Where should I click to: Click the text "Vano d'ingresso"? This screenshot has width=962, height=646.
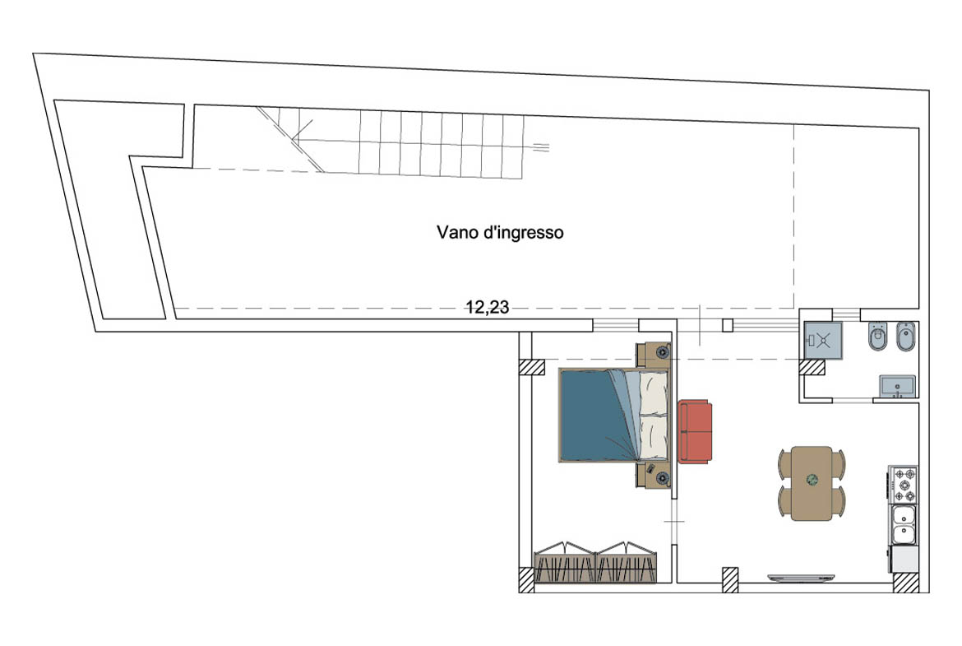click(500, 233)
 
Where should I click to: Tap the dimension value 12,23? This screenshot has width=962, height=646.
click(487, 307)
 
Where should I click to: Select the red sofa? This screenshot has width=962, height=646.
click(695, 431)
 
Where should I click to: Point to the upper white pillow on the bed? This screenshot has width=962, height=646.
click(654, 392)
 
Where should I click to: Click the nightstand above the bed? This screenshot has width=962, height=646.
click(653, 355)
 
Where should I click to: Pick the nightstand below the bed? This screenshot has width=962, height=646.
click(653, 476)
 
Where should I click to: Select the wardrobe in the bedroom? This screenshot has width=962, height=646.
click(596, 563)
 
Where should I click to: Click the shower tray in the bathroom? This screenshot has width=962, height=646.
click(823, 340)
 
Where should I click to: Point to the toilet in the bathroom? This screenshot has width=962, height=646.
click(876, 337)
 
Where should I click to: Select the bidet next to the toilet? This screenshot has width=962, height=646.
click(905, 337)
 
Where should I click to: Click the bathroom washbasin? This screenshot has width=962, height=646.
click(897, 387)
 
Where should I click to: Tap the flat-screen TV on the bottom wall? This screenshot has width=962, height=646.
click(801, 577)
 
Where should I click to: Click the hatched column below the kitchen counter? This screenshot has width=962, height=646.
click(905, 583)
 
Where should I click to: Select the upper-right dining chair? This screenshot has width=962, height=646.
click(839, 463)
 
